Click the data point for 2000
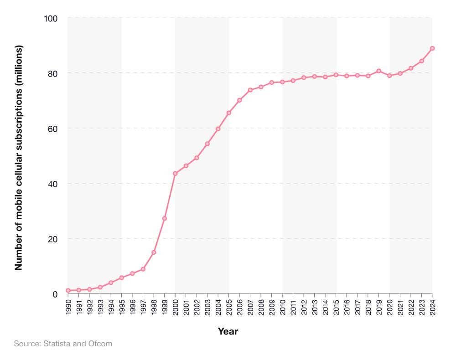point(175,174)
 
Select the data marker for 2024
point(432,48)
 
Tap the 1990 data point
point(68,291)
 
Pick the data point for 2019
point(379,71)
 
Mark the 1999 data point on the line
point(165,219)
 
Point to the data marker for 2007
point(250,90)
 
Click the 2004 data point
point(218,129)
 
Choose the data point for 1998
point(154,252)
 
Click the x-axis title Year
point(228,331)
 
